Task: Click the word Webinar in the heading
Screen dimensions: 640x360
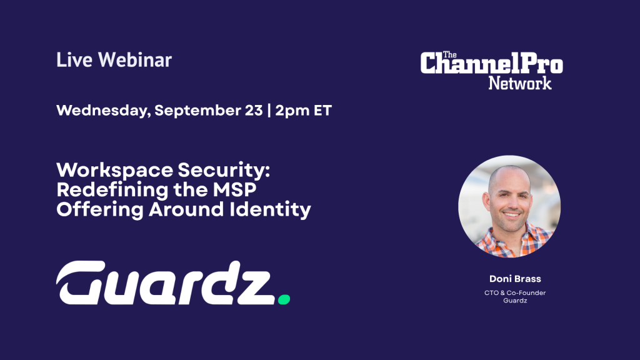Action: (x=135, y=59)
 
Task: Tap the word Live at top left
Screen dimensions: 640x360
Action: (x=74, y=59)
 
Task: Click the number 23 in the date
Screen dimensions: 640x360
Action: (x=254, y=110)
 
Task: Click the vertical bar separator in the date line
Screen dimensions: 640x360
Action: (x=269, y=111)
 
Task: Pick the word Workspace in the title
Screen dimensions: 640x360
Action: (x=114, y=171)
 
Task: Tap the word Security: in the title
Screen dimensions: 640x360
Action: (x=224, y=171)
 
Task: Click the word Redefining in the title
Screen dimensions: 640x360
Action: (x=112, y=190)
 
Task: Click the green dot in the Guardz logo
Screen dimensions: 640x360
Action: (x=284, y=299)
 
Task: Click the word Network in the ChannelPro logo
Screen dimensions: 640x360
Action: (x=520, y=83)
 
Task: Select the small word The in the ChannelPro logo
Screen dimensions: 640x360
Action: (x=450, y=55)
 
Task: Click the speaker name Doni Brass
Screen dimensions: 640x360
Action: (x=515, y=279)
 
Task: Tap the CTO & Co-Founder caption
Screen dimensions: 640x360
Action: (x=515, y=292)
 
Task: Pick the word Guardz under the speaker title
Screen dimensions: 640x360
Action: (x=515, y=301)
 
